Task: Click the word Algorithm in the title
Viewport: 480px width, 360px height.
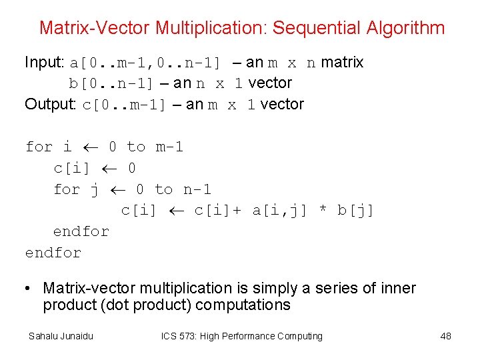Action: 405,28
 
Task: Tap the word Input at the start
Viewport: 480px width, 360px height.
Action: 43,63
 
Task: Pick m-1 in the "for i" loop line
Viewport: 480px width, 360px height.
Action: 169,147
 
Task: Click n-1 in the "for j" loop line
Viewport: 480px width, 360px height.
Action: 197,189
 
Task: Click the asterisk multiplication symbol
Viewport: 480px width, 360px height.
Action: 323,211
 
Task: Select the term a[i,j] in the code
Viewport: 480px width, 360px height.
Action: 280,211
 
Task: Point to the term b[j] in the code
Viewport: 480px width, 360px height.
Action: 356,211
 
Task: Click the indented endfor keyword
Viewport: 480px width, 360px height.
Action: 81,232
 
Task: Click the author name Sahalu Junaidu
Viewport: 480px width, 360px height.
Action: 61,336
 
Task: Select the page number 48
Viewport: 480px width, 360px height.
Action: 445,336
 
